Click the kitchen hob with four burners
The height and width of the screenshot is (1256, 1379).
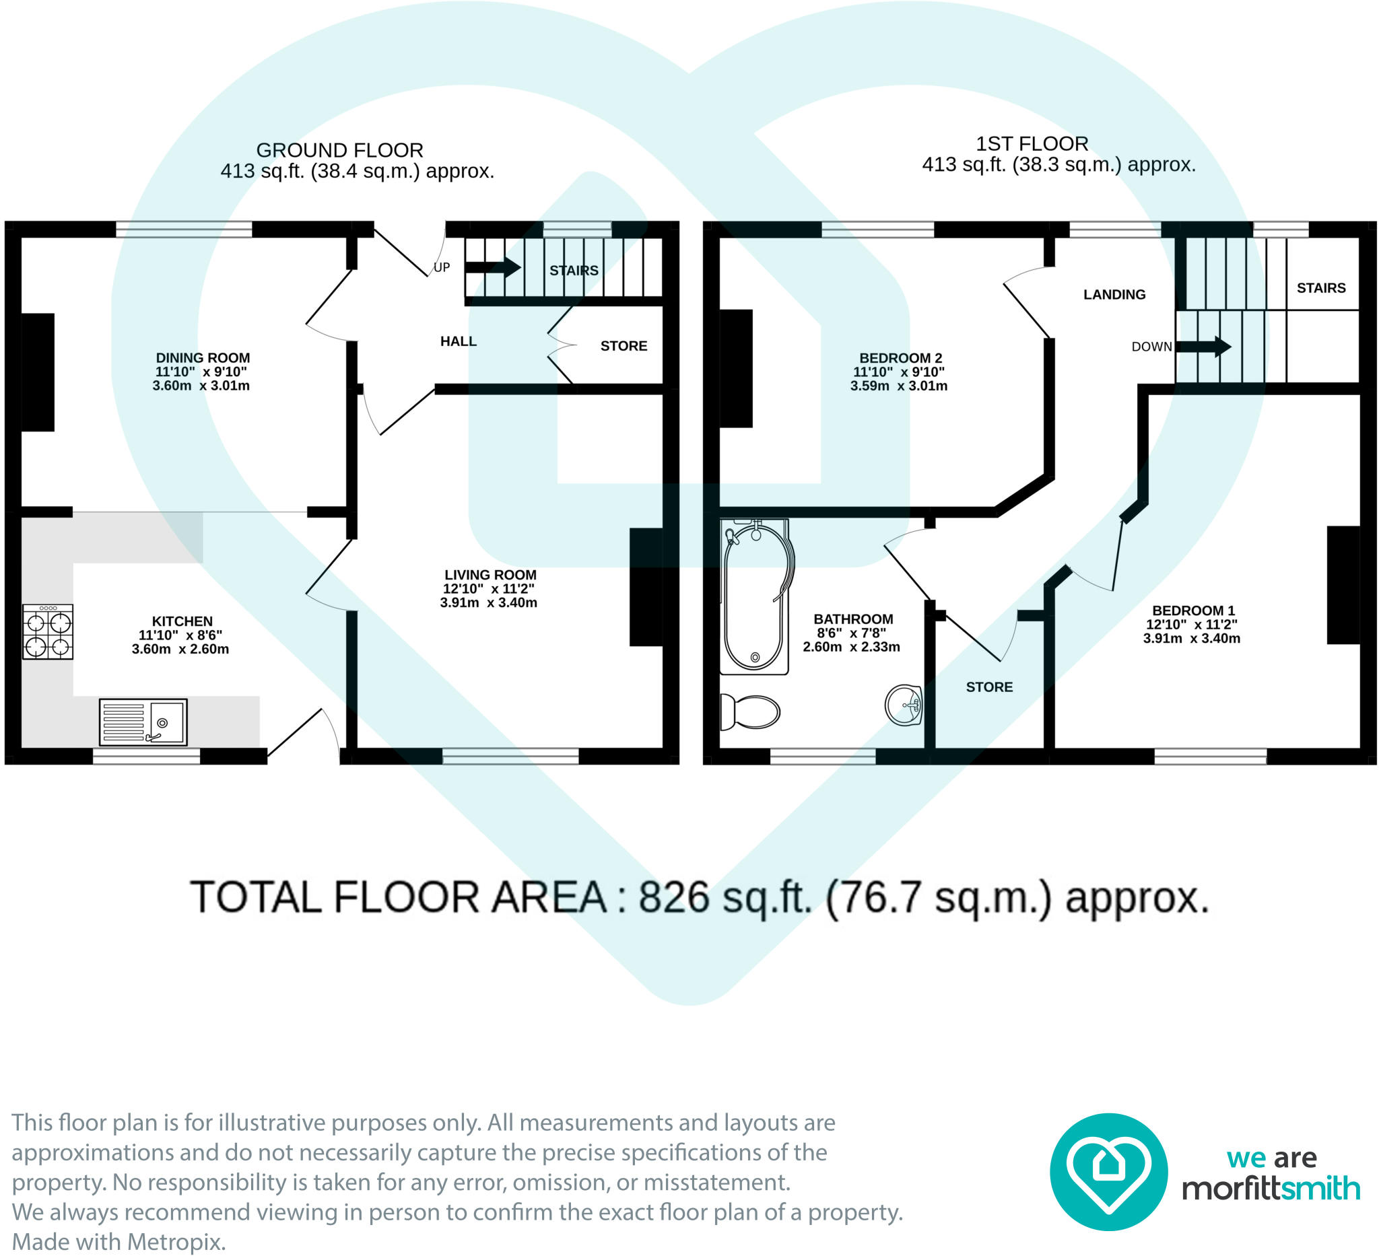48,631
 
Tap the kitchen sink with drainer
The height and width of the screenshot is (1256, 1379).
143,722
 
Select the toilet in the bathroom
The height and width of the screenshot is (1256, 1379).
750,711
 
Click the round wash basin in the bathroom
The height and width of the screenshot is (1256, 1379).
904,704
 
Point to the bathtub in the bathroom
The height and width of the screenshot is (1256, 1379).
755,596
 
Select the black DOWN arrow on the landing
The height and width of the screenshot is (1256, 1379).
1204,346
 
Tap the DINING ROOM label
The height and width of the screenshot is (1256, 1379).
203,357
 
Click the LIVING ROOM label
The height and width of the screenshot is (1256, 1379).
490,575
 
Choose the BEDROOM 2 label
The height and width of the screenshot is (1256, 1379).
901,357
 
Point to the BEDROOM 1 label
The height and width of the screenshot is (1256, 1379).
1194,610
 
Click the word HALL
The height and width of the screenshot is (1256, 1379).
459,341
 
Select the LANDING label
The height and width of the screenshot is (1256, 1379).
1114,295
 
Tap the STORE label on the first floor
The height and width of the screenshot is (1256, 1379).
989,687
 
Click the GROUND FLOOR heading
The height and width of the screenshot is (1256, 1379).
340,149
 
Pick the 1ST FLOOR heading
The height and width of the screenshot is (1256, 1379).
1032,143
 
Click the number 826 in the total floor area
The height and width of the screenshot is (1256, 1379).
674,897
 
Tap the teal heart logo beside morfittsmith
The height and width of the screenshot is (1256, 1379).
1109,1172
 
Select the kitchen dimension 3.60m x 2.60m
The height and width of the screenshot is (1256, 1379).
180,649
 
